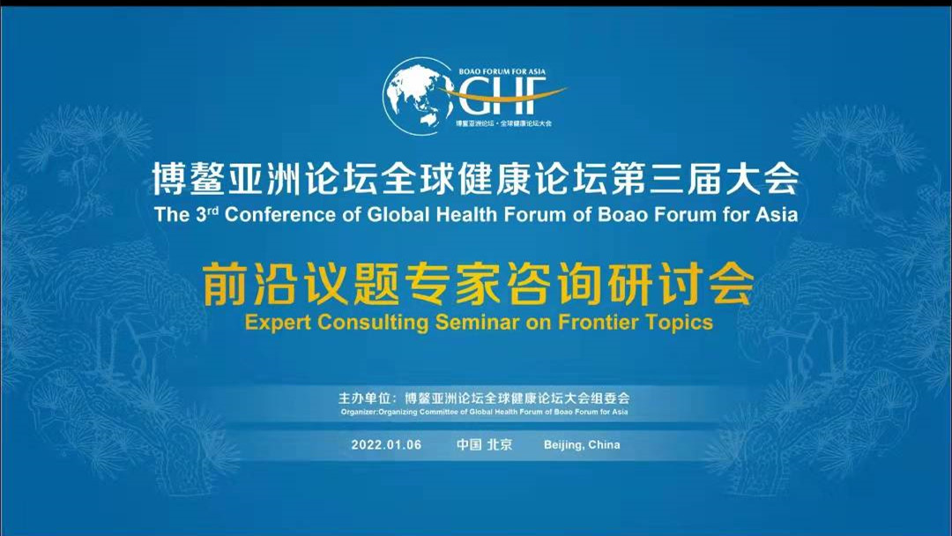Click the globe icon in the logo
coord(418,96)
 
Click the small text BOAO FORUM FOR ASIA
coord(502,71)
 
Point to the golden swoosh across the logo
coord(502,94)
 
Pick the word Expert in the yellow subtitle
coord(278,323)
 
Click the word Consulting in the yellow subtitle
coord(373,323)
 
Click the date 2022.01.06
coord(386,444)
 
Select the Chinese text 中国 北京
coord(485,444)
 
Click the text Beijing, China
coord(582,445)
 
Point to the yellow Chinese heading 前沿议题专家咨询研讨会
coord(479,283)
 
